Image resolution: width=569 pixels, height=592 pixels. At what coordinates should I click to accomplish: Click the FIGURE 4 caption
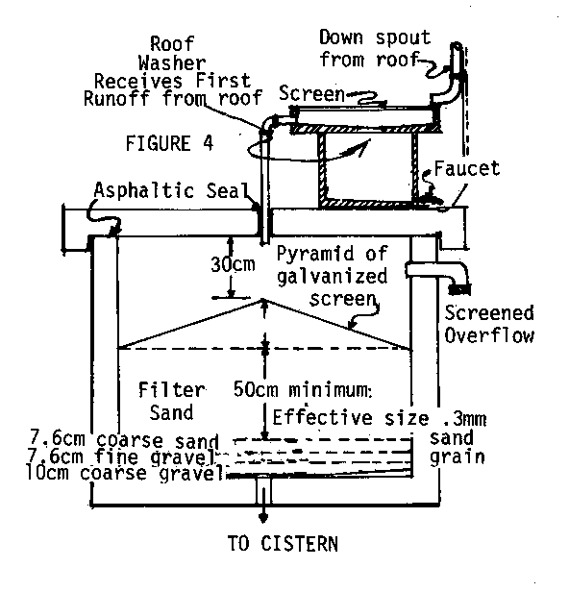[169, 143]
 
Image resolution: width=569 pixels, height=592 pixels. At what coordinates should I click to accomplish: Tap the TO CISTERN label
[283, 544]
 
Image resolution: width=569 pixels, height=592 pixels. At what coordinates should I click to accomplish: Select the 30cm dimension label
[233, 264]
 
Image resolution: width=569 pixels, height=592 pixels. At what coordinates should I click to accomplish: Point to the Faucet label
[467, 168]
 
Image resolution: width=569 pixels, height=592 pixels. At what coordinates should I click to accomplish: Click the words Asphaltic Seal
[172, 190]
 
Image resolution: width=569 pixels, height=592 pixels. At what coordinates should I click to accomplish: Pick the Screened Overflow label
[489, 324]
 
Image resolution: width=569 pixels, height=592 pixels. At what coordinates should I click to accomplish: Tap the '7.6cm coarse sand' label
[125, 440]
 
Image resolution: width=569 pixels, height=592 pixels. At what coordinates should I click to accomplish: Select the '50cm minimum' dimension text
[303, 389]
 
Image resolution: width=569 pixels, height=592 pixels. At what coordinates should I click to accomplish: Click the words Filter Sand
[172, 401]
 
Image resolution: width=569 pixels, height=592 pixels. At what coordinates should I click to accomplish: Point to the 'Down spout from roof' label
[375, 48]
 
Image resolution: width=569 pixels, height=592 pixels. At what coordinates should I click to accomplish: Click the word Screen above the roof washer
[311, 93]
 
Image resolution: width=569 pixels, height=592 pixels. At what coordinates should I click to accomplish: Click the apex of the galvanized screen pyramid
[263, 300]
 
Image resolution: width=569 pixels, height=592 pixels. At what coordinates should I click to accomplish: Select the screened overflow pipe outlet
[459, 289]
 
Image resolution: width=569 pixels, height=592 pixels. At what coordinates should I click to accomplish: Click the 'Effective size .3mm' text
[379, 418]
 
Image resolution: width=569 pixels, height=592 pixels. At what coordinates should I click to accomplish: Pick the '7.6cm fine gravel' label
[120, 456]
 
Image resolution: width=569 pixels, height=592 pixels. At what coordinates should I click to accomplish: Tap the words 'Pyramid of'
[332, 254]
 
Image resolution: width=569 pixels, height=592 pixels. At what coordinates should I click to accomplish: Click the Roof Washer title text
[172, 53]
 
